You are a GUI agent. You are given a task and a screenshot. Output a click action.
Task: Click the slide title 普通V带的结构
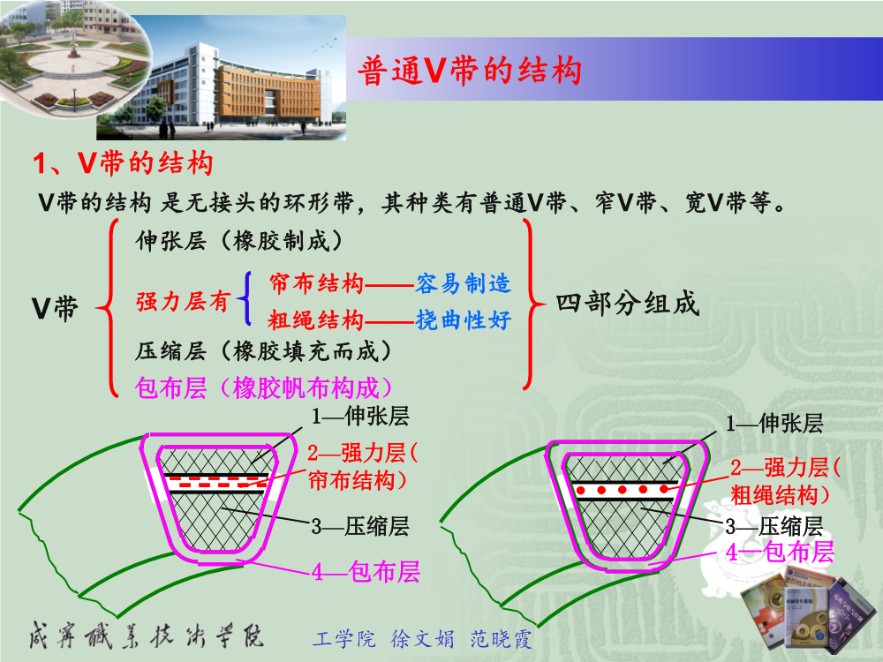click(470, 71)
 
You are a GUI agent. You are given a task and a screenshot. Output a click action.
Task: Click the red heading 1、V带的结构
click(123, 163)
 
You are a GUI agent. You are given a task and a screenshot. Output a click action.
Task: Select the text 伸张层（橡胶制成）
click(238, 241)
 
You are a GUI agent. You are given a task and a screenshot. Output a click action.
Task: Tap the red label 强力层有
click(183, 301)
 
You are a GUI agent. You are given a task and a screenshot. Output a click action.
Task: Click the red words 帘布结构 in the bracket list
click(316, 283)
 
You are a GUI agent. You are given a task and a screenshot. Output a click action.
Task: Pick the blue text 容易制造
click(464, 283)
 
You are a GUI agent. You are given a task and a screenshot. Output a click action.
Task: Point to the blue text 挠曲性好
click(464, 320)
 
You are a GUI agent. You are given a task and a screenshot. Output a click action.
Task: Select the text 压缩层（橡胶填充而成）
click(263, 350)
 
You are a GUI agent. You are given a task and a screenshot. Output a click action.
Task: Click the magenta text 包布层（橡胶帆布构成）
click(263, 387)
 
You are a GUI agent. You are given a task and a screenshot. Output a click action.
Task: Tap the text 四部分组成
click(627, 304)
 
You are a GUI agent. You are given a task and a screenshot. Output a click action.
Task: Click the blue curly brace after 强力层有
click(244, 298)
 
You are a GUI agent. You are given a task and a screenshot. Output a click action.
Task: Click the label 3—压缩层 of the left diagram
click(360, 526)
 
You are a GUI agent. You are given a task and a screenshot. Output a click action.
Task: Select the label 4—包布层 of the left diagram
click(366, 571)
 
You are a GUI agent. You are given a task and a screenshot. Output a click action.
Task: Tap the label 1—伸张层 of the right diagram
click(774, 423)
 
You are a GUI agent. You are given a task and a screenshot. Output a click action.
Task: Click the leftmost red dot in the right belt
click(581, 490)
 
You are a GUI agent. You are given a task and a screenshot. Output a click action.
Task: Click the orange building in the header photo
click(269, 90)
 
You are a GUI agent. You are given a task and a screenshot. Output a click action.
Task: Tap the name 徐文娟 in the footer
click(422, 639)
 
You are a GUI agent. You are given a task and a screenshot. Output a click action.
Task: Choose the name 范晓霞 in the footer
click(501, 639)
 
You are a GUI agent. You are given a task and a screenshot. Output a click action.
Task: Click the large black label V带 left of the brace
click(55, 308)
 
